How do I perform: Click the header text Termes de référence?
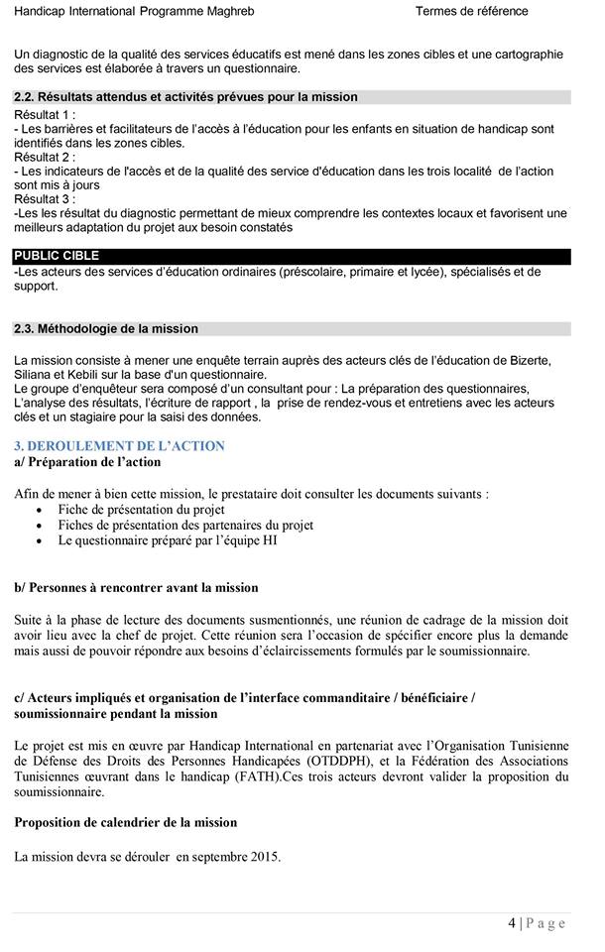click(471, 12)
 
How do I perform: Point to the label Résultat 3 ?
click(45, 198)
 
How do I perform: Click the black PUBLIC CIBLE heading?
click(57, 256)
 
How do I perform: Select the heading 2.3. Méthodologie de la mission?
click(106, 328)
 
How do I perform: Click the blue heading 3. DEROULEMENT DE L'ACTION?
click(119, 446)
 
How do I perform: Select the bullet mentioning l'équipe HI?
click(168, 540)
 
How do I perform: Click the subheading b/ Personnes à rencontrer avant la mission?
click(136, 587)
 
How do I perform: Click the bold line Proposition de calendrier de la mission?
click(126, 822)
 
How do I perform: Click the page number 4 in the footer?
click(512, 923)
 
